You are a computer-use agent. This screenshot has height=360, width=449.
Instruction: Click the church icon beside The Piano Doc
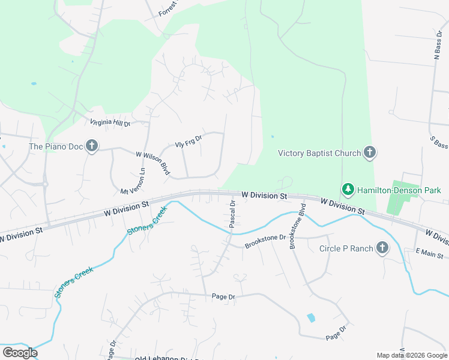(91, 146)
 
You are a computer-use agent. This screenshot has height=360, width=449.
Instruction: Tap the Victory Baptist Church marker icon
(370, 152)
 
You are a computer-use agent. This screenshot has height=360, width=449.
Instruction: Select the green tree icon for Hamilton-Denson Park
(348, 190)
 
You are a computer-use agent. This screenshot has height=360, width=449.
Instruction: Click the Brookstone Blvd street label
(298, 229)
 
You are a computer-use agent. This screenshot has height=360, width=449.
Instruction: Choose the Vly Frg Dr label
(188, 141)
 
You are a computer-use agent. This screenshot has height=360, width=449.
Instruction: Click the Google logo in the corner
(20, 353)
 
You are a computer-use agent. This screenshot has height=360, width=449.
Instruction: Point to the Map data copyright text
(411, 355)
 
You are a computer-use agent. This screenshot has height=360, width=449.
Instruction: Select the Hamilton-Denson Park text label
(399, 190)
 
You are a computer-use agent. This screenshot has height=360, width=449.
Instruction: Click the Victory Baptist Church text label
(319, 153)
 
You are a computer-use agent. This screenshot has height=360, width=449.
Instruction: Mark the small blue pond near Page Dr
(310, 317)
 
